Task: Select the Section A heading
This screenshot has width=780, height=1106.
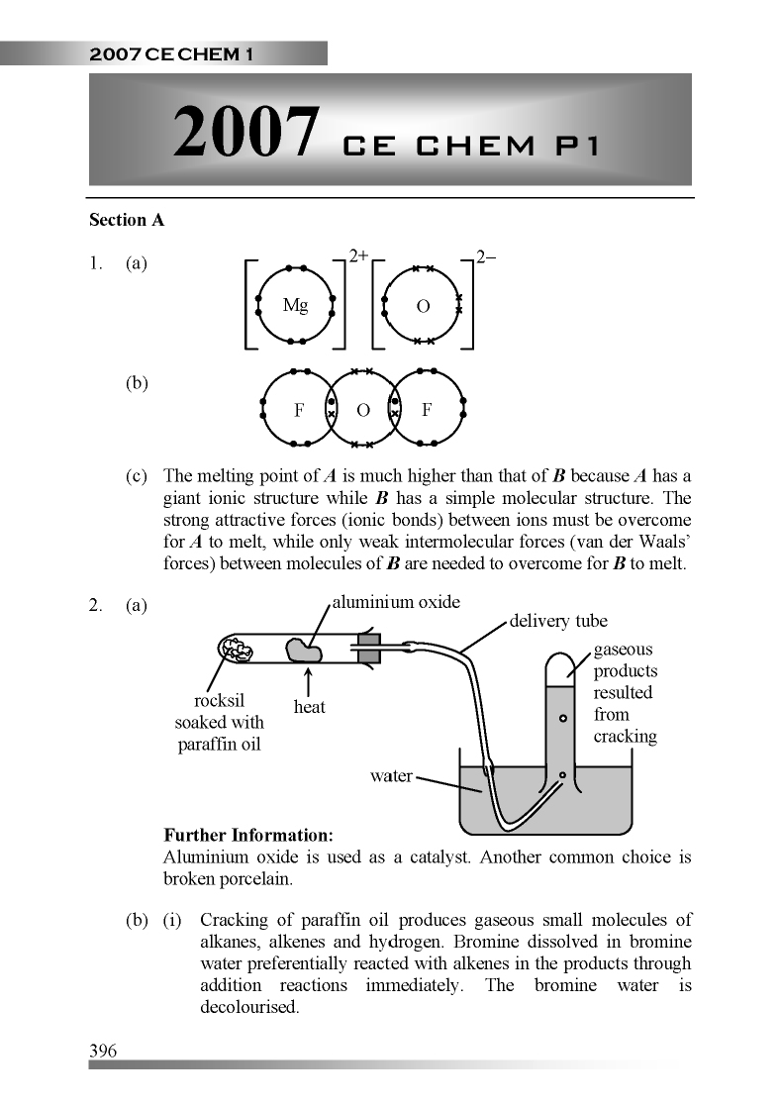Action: [x=127, y=221]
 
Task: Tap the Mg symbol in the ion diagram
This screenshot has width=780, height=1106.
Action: [x=295, y=306]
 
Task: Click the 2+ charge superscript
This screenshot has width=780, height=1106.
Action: [x=358, y=256]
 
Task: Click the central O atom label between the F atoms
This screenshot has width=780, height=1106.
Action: [x=362, y=410]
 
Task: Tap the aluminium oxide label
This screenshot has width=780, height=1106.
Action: [x=395, y=602]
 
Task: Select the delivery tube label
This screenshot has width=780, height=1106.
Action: [x=558, y=621]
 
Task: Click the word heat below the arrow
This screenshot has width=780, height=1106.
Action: [x=310, y=707]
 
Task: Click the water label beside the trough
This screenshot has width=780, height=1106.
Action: [x=391, y=775]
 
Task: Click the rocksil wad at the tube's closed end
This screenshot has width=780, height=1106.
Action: [x=238, y=650]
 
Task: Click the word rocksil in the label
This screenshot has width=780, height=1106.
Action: [x=220, y=701]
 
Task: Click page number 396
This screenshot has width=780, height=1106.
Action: [x=103, y=1051]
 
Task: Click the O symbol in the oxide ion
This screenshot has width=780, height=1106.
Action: [x=423, y=307]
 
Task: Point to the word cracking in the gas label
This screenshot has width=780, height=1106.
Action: [x=625, y=736]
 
